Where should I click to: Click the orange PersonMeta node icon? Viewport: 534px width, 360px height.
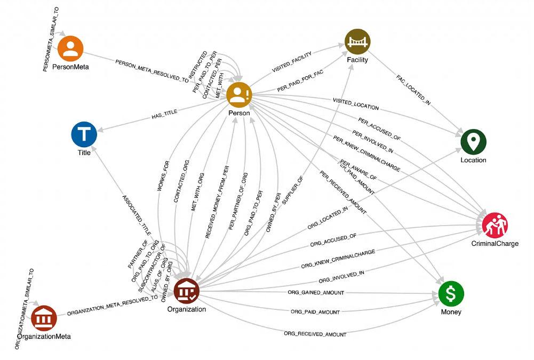(70, 49)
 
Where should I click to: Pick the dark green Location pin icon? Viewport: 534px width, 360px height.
(474, 142)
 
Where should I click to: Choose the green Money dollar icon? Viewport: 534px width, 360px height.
(451, 293)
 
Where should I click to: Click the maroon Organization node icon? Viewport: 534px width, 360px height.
(187, 291)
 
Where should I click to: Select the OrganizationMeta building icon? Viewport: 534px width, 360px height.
(44, 318)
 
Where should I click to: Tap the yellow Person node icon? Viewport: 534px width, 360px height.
(239, 95)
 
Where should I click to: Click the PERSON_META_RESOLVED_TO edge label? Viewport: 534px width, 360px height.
(152, 70)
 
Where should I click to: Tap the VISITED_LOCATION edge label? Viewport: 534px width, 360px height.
(355, 103)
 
